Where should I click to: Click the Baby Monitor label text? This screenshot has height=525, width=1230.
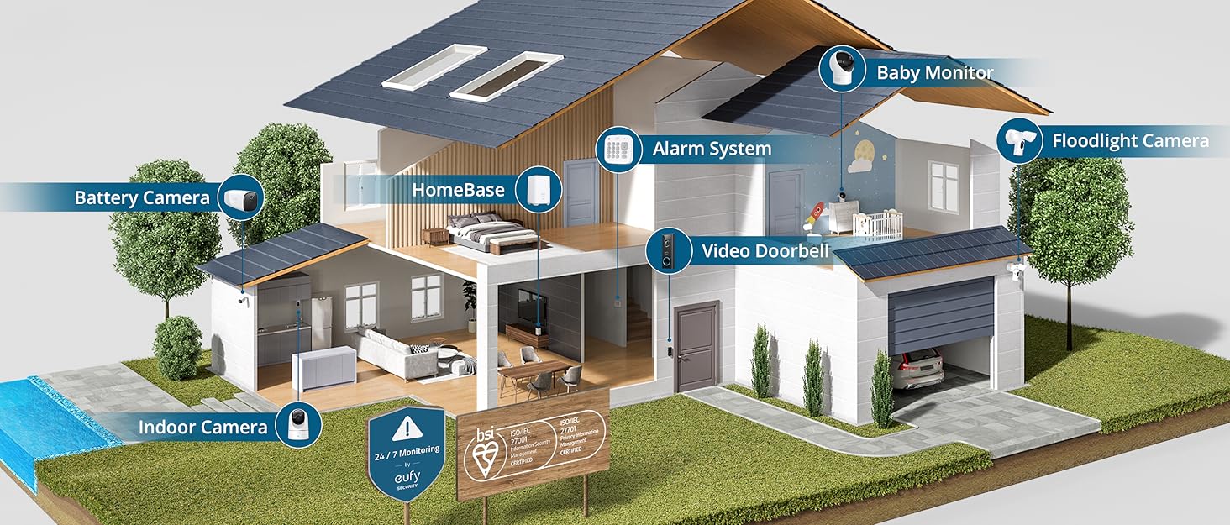click(934, 72)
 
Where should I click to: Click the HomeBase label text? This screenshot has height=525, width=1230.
click(458, 190)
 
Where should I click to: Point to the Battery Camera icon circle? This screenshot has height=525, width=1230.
click(243, 197)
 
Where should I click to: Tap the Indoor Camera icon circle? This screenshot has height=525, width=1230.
click(298, 426)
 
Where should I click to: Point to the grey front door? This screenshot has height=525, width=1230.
click(696, 346)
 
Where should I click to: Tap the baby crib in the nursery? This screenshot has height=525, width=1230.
click(877, 224)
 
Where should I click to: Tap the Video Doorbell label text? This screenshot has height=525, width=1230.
click(765, 250)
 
